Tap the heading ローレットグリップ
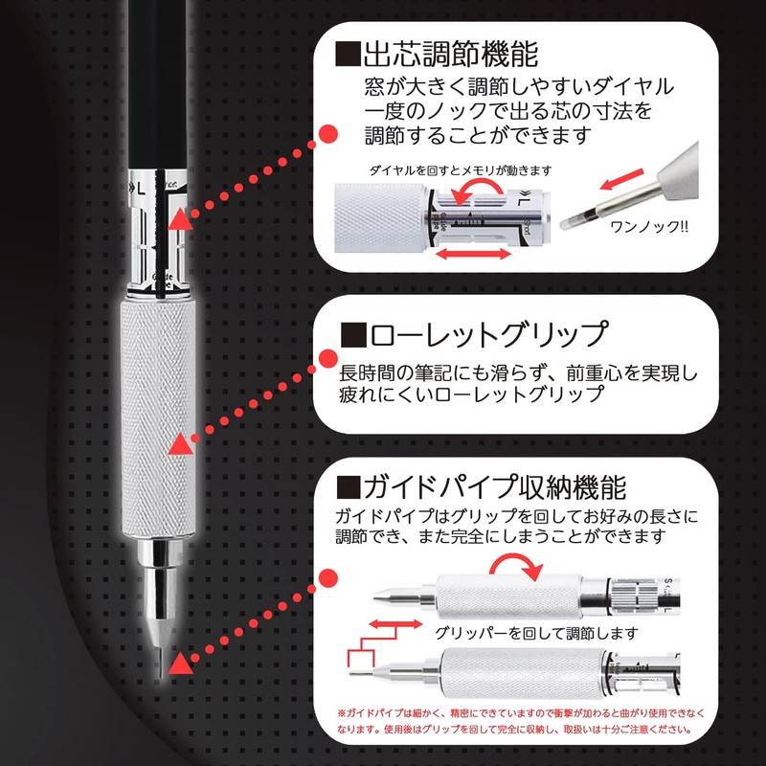click(489, 334)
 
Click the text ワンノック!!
click(643, 230)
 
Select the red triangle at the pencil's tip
click(178, 665)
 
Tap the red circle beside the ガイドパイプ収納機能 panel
click(326, 579)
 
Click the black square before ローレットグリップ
click(353, 335)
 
